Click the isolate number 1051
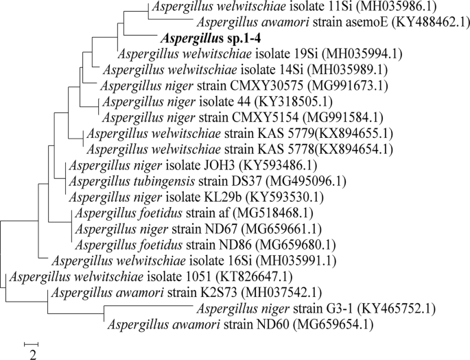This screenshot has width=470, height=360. pos(194,277)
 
